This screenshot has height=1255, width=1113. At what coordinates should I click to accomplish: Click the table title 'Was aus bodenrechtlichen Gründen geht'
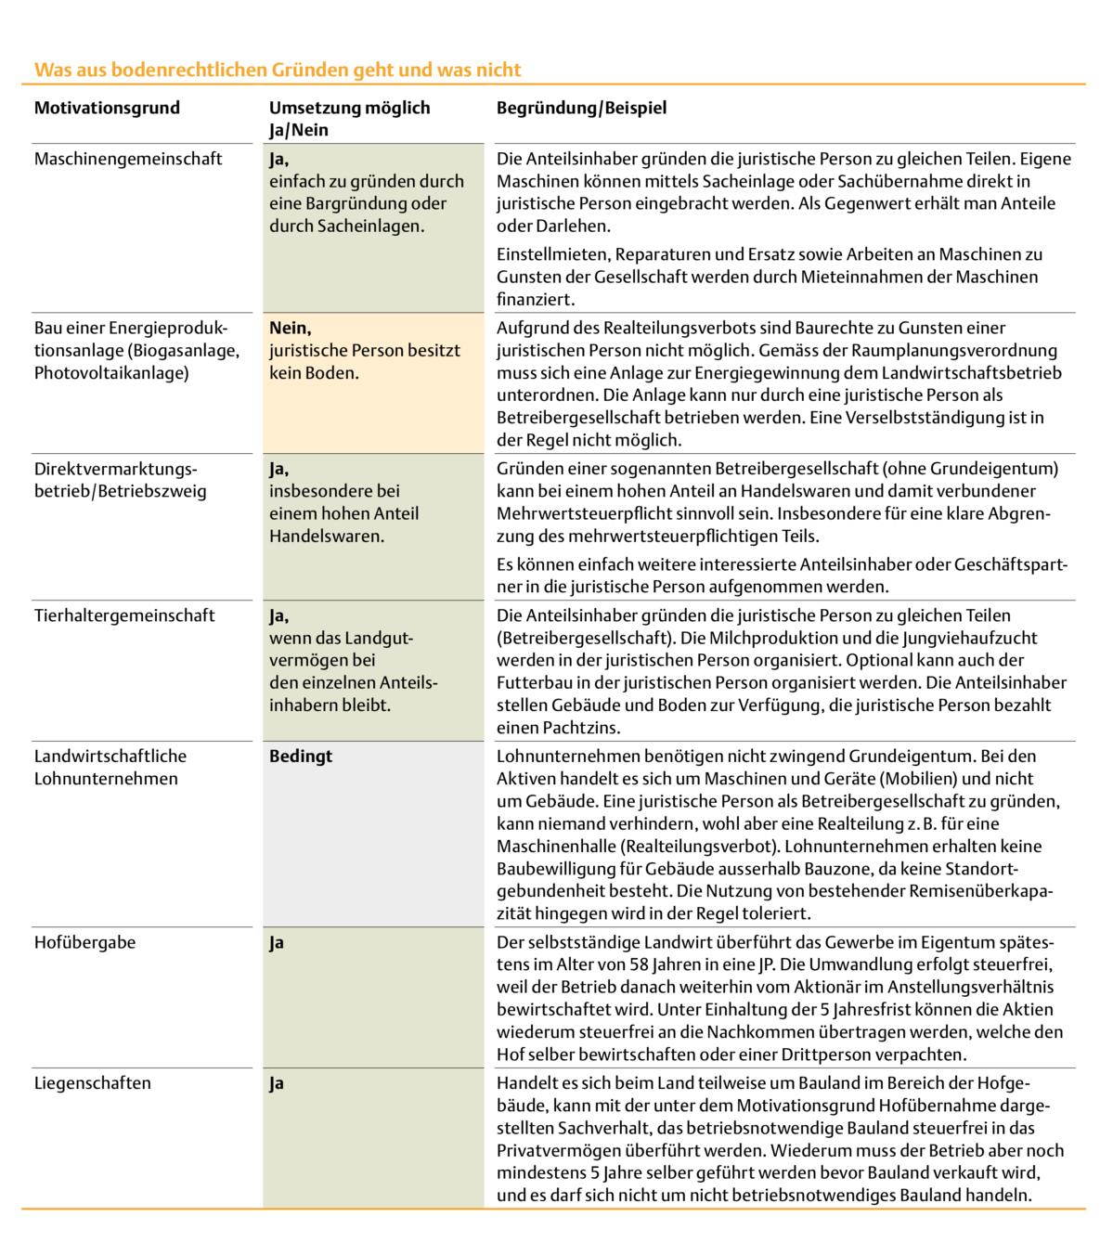tap(277, 70)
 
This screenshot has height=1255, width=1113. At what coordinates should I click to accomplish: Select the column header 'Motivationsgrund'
tap(107, 108)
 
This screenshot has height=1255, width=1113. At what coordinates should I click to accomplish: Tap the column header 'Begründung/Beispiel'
tap(581, 108)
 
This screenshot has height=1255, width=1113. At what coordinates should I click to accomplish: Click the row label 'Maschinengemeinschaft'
tap(128, 159)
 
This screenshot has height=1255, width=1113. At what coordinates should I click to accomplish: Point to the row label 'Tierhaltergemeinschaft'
tap(124, 615)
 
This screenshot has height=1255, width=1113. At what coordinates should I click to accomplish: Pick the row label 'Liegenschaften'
tap(92, 1083)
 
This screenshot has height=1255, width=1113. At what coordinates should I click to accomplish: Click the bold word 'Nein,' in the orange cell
tap(291, 328)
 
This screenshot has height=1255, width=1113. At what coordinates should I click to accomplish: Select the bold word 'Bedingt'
tap(301, 757)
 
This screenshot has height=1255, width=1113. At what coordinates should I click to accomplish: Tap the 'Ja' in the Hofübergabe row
tap(277, 942)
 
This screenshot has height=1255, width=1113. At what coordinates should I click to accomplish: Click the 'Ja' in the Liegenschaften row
tap(277, 1083)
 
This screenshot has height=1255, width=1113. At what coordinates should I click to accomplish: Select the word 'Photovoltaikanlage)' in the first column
tap(111, 373)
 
